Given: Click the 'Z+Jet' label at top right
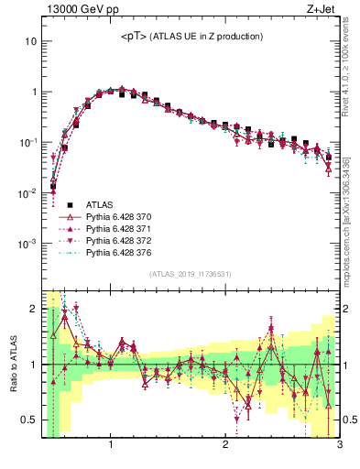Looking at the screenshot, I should (x=323, y=10).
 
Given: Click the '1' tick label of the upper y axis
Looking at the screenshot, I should (x=33, y=93).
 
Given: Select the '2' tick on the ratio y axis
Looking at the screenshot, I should (x=33, y=308).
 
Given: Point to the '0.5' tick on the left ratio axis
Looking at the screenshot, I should (x=29, y=420).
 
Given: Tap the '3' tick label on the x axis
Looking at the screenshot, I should (x=338, y=446).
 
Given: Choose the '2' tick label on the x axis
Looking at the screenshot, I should (x=225, y=446).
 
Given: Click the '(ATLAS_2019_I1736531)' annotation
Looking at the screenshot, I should (x=190, y=274).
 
